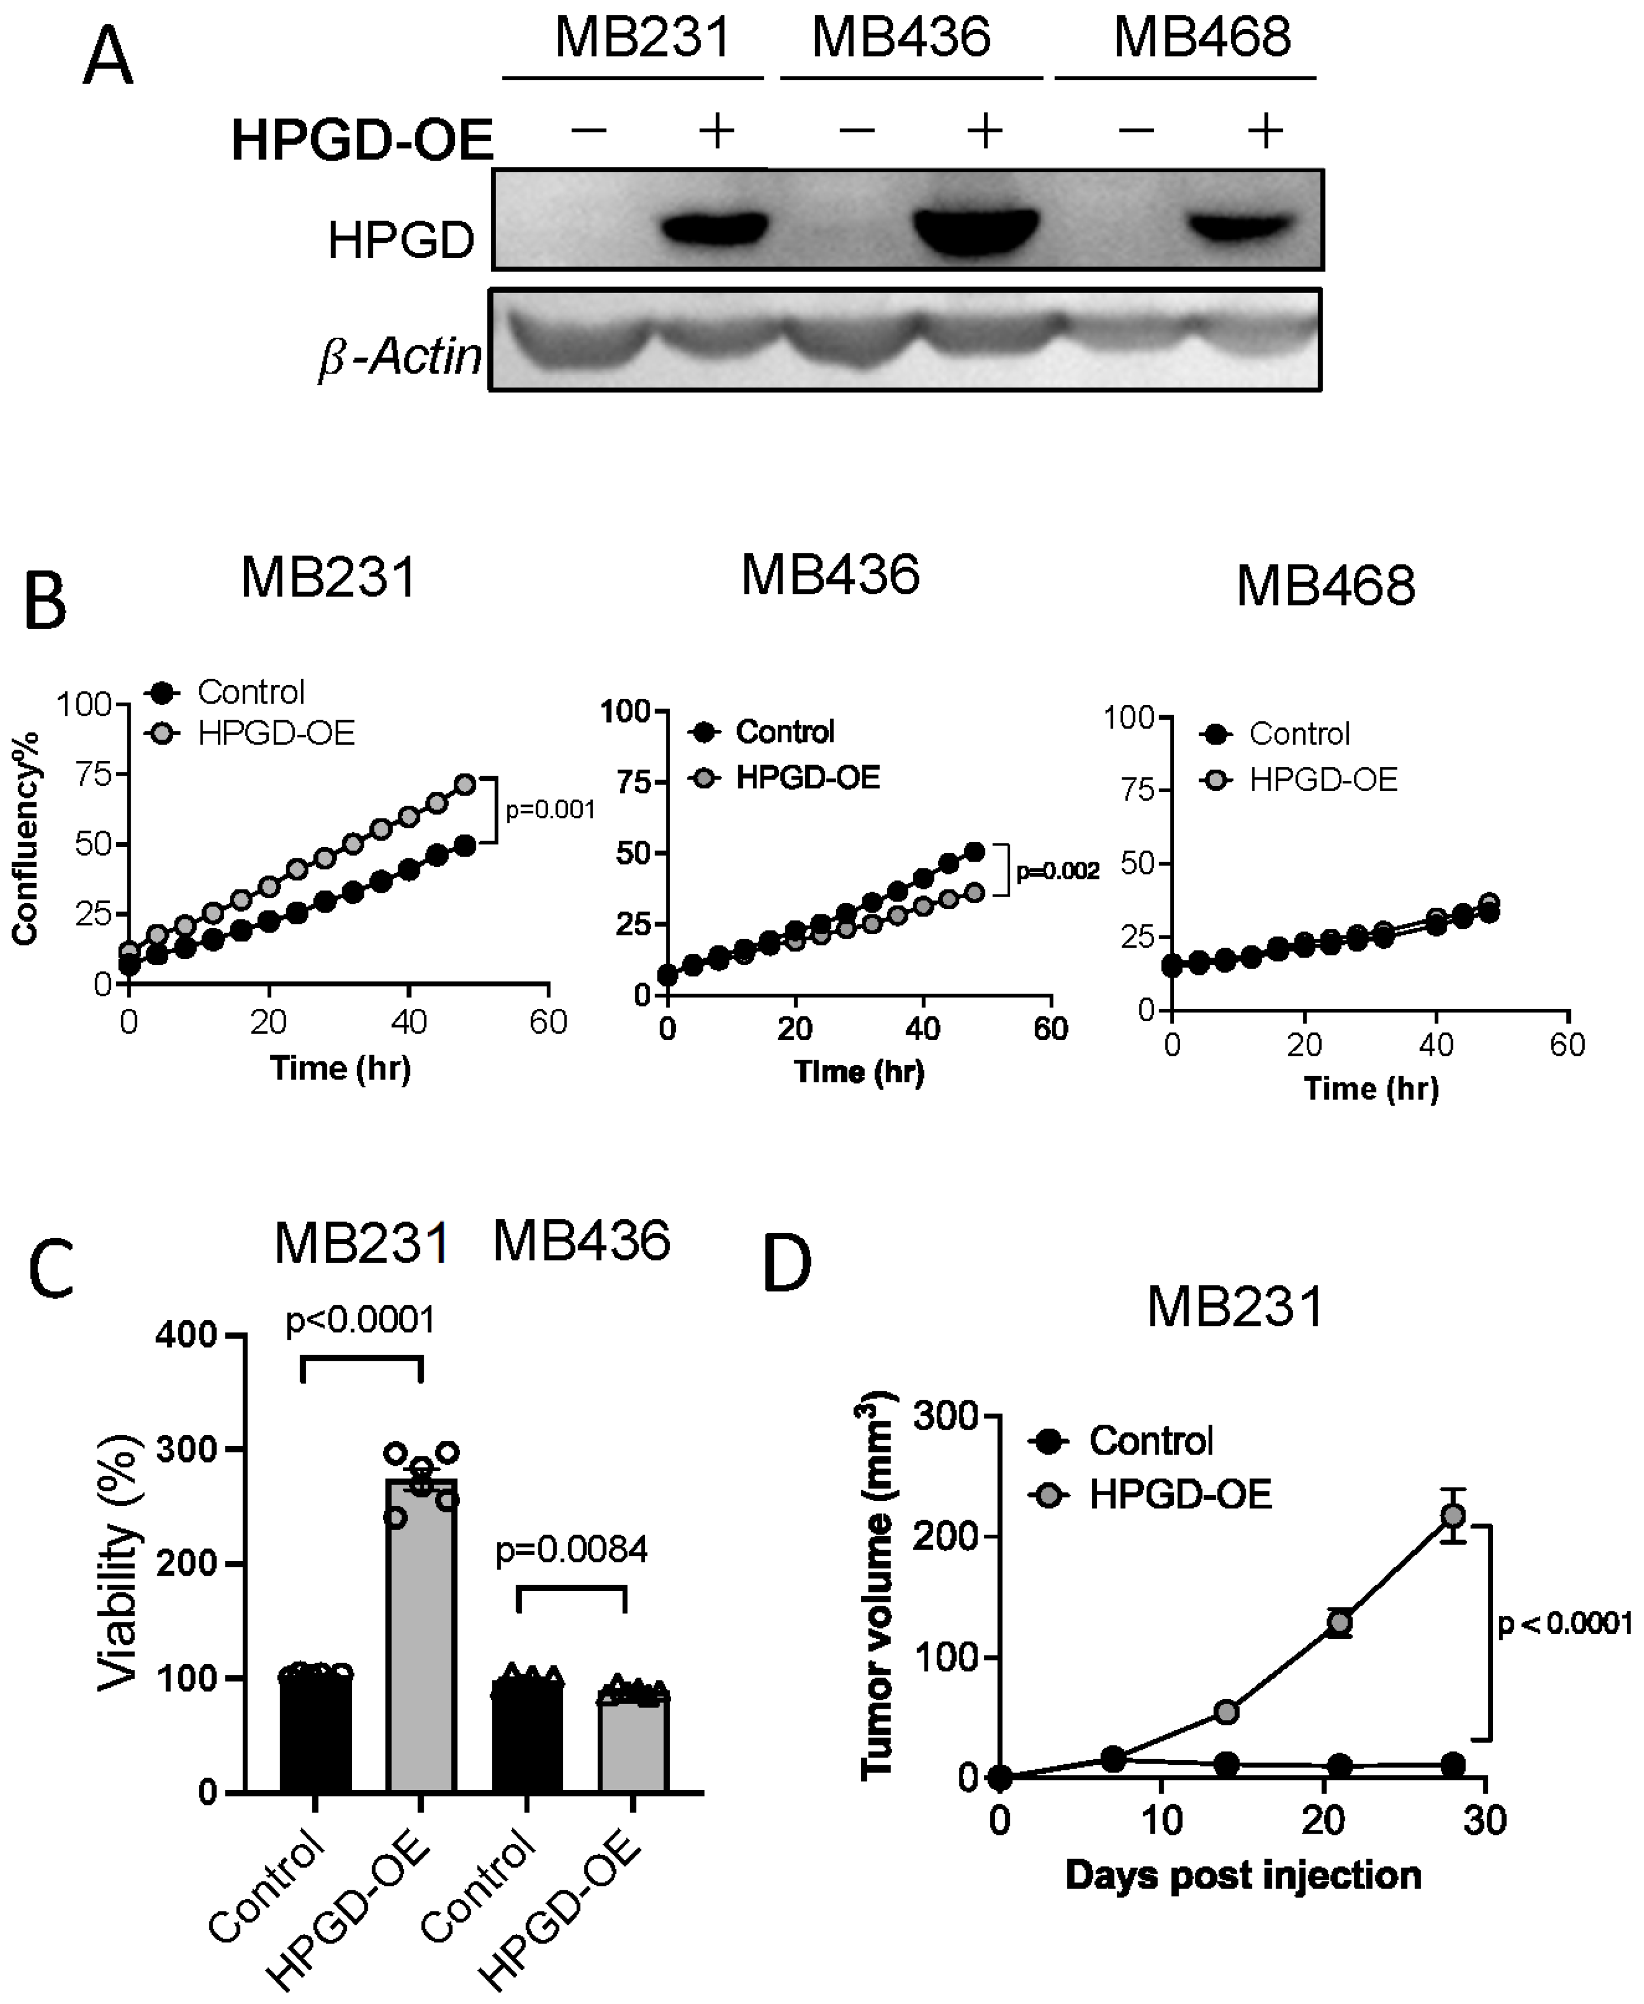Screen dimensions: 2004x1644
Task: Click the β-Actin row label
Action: point(399,357)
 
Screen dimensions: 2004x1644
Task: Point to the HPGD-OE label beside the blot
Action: point(361,140)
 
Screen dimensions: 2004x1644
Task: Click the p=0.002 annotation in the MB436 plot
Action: point(1058,871)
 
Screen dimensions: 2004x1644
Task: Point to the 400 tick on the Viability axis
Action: point(193,1335)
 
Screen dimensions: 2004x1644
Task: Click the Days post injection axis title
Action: point(1242,1875)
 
